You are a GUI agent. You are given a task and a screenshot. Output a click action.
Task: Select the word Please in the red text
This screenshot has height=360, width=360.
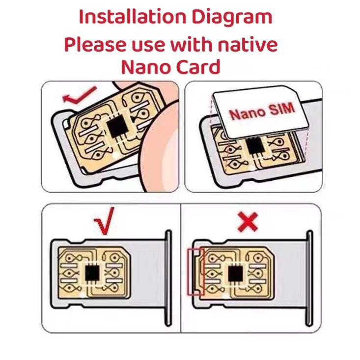94,45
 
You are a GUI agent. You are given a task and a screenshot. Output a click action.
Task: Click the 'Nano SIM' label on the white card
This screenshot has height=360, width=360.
262,112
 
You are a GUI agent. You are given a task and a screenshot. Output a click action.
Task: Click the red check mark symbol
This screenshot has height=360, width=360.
104,218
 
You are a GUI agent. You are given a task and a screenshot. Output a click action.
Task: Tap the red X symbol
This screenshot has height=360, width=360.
248,222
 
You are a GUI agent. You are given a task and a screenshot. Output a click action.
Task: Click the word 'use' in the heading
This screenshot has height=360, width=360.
146,46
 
